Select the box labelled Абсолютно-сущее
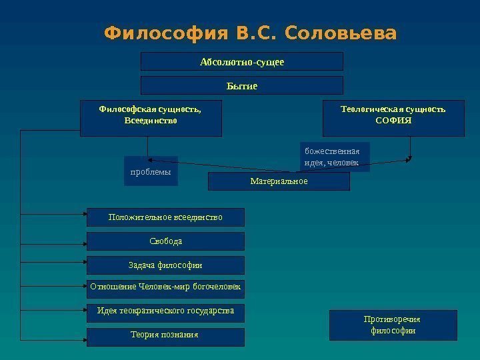point(241,62)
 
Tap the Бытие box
point(241,85)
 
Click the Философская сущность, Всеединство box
point(151,119)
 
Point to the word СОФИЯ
point(393,121)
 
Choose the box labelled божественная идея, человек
point(335,157)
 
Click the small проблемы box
point(151,171)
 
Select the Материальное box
point(279,181)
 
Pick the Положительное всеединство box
point(165,217)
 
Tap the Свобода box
point(165,241)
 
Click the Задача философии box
point(165,265)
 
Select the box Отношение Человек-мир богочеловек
point(165,289)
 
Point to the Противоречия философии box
point(393,325)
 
